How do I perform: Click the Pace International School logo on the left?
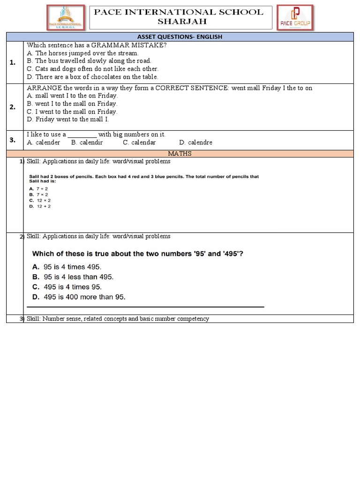[x=66, y=18]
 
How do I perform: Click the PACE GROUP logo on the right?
[x=295, y=18]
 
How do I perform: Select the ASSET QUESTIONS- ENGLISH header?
[x=179, y=37]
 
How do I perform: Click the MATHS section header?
[x=180, y=153]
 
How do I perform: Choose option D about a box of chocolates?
[x=92, y=77]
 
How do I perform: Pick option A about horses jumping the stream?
[x=82, y=53]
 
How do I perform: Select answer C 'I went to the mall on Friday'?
[x=72, y=112]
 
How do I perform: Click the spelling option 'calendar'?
[x=139, y=142]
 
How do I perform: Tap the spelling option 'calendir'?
[x=87, y=142]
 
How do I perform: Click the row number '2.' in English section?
[x=13, y=107]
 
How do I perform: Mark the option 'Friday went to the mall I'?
[x=67, y=120]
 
